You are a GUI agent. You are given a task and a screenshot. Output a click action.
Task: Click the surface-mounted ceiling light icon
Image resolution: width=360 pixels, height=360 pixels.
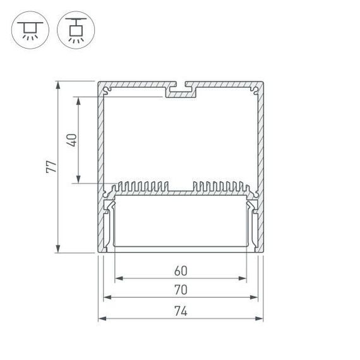(29, 30)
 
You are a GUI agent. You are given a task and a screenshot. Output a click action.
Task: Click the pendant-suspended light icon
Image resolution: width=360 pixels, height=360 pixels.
(74, 30)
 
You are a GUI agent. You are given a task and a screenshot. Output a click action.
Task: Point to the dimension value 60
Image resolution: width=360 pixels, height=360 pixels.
(180, 271)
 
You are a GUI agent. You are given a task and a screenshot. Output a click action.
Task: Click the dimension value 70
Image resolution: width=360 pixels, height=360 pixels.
(180, 291)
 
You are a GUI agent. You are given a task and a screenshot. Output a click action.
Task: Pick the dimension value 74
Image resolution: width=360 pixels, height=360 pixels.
(180, 311)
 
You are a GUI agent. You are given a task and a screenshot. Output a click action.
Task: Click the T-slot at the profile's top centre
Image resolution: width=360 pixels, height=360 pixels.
(181, 91)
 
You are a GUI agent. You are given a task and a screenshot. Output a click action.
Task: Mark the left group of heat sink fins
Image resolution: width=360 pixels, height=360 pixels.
(142, 187)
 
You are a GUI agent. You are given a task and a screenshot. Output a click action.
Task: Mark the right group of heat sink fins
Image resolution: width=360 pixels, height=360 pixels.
(219, 187)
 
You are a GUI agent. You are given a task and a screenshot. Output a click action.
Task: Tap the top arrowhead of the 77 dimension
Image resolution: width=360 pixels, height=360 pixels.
(58, 85)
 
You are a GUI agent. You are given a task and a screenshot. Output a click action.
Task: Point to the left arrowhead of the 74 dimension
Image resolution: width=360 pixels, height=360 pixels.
(101, 318)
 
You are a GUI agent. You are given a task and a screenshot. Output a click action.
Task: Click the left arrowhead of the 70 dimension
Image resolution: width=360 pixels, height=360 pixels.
(106, 297)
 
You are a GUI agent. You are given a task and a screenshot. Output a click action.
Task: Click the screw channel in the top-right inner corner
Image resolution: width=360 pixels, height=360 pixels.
(255, 92)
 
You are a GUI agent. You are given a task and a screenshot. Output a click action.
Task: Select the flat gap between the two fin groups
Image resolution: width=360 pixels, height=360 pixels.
(181, 190)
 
